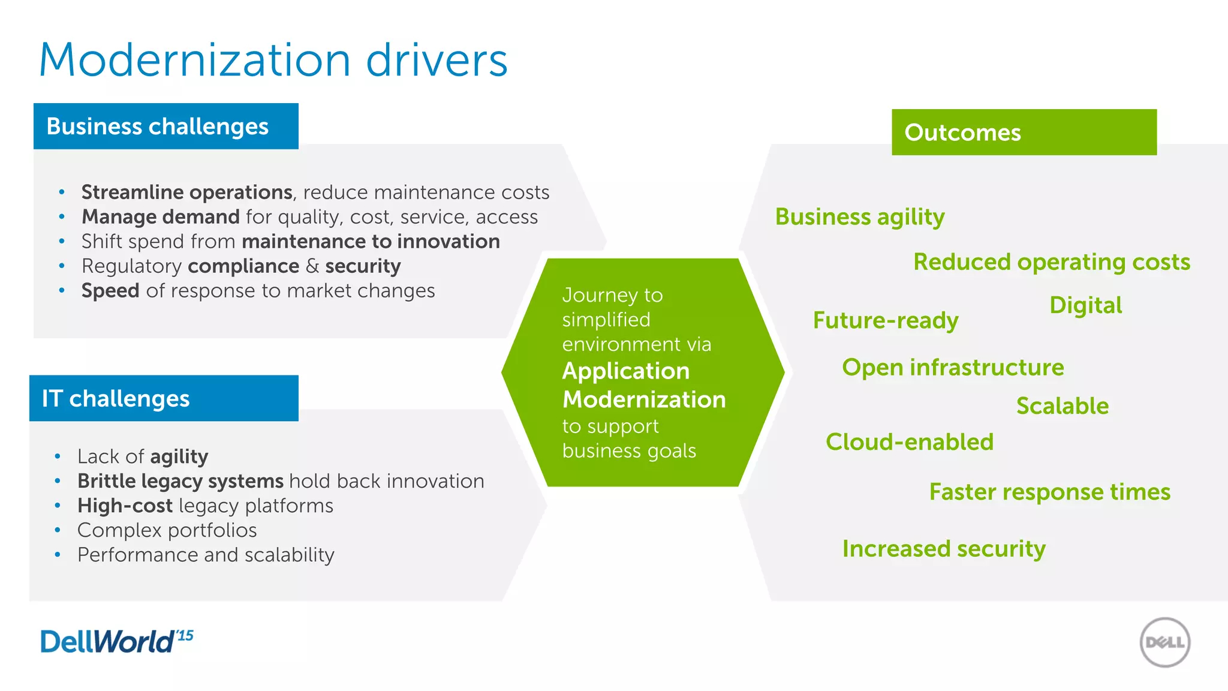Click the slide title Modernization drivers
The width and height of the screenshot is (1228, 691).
273,60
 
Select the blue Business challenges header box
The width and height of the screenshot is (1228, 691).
165,127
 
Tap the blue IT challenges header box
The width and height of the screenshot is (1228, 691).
163,398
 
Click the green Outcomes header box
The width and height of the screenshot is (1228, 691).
1024,132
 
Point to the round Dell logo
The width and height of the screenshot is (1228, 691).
1164,642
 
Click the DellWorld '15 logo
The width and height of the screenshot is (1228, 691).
116,641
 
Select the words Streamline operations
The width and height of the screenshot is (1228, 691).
186,192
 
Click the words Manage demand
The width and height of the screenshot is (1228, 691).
160,217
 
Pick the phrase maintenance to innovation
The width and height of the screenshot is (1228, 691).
371,241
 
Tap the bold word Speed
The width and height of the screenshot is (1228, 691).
110,290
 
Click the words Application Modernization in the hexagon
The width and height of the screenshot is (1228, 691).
643,385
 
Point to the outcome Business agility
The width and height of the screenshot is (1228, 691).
859,217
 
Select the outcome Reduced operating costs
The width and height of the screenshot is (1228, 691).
1051,262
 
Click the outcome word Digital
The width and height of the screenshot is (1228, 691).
1085,305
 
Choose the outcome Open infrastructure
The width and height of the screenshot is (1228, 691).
952,367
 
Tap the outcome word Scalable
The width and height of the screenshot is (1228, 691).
1062,406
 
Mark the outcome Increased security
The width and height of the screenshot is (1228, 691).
943,549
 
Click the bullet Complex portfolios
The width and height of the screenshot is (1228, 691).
167,530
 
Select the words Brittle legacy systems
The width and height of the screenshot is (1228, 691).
180,481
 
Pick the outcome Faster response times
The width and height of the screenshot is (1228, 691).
1049,492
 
